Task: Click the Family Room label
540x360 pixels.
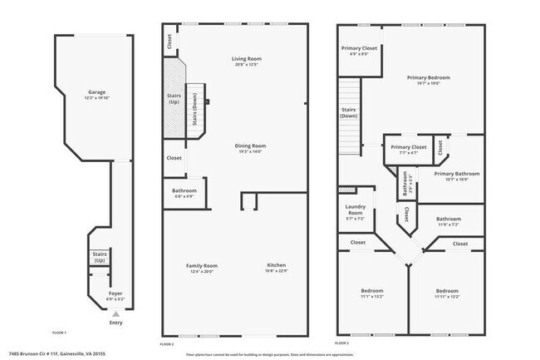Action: click(x=202, y=268)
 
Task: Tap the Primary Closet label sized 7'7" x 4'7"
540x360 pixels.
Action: click(x=408, y=150)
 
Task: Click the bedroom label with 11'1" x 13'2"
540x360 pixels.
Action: click(x=371, y=293)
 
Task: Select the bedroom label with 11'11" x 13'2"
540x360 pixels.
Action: click(x=447, y=293)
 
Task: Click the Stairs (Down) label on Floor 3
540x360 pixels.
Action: click(x=349, y=112)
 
